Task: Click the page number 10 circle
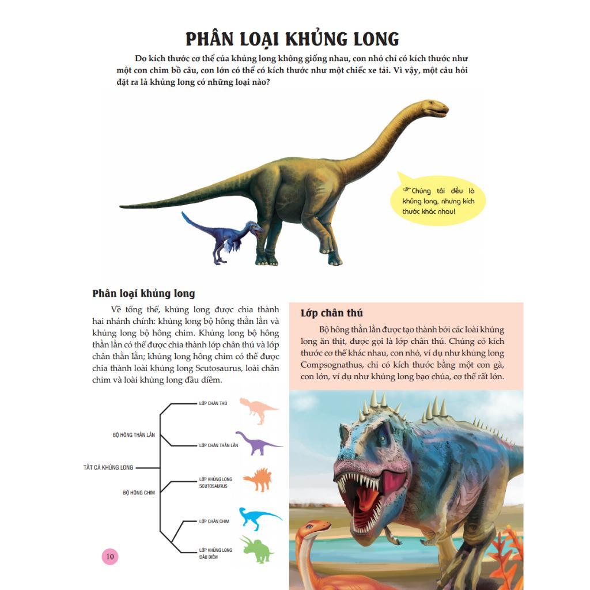pos(110,557)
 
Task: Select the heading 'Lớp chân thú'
pos(331,313)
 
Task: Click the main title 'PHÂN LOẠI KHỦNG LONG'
pos(292,39)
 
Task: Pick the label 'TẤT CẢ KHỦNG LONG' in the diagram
pos(108,467)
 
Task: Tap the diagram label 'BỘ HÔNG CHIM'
pos(139,493)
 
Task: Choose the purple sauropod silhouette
pos(258,442)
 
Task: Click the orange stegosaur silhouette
pos(257,479)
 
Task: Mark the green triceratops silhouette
pos(258,549)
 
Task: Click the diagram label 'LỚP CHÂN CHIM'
pos(214,521)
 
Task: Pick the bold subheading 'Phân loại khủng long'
pos(143,294)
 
